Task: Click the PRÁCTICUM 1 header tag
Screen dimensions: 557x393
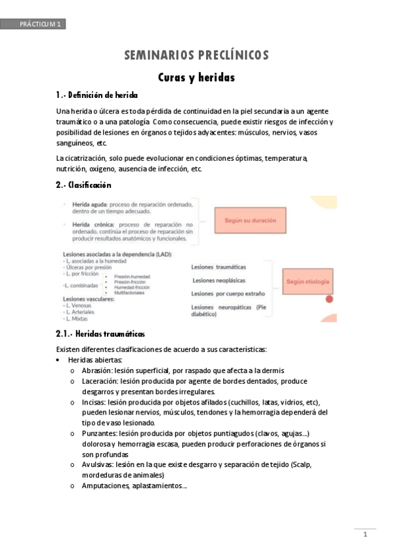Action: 33,24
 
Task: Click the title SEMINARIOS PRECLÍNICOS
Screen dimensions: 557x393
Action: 196,56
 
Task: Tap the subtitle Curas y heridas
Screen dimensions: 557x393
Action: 196,78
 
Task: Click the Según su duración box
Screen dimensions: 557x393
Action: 250,220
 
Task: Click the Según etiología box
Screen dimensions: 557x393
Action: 308,282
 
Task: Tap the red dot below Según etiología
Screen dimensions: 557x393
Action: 330,299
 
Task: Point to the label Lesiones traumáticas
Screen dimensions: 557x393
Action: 219,267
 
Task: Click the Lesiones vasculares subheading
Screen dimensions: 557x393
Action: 88,299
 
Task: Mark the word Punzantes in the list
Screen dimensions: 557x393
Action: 99,434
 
